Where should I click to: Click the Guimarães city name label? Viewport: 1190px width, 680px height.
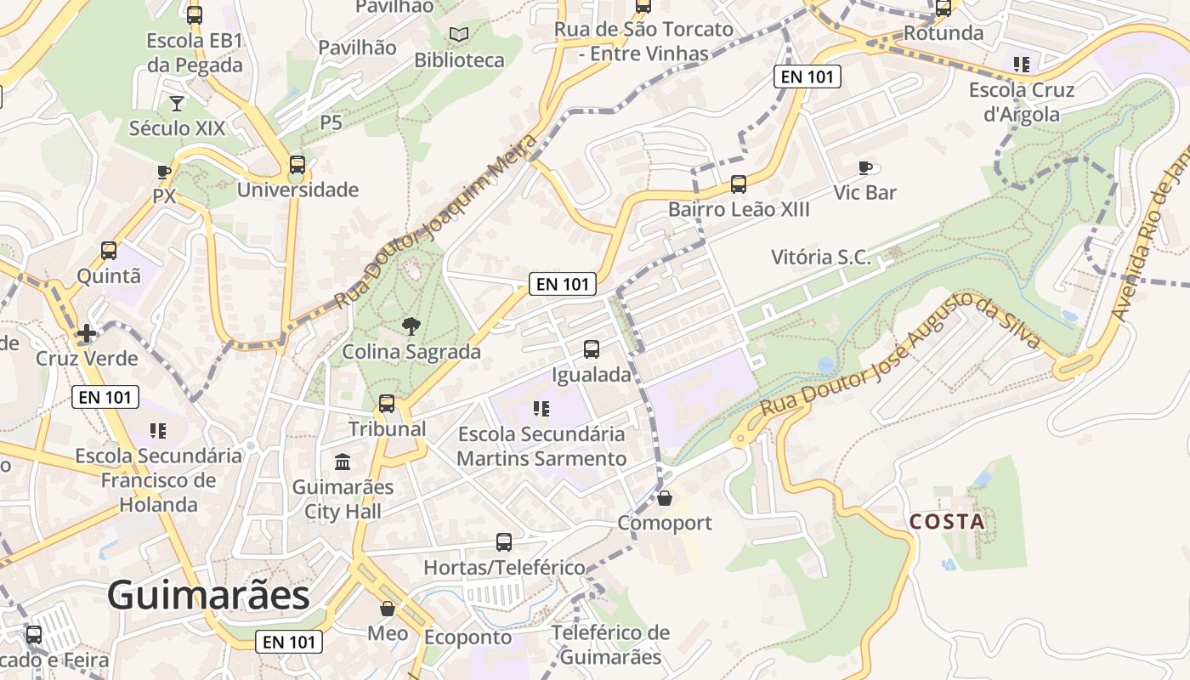(208, 595)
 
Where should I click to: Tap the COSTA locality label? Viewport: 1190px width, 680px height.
(947, 521)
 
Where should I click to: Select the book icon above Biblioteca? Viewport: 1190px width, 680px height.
(459, 35)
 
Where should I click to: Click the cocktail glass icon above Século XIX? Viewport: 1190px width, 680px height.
(177, 104)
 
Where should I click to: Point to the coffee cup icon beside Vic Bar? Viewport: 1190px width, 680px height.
(865, 167)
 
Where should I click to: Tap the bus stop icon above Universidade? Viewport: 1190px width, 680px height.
(297, 164)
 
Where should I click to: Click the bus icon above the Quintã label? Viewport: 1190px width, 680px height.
(109, 251)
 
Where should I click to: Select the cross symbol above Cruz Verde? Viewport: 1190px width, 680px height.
(86, 333)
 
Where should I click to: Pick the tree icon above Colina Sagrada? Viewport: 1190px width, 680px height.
(411, 326)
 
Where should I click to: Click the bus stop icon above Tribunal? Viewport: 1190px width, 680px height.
(387, 403)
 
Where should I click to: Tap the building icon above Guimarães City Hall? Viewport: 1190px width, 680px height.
(343, 462)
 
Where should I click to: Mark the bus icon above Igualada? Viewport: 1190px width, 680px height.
(592, 348)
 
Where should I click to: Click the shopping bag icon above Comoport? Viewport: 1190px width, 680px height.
(665, 497)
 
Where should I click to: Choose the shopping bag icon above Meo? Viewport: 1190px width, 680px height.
(388, 609)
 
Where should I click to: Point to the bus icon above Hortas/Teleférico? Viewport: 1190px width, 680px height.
(504, 541)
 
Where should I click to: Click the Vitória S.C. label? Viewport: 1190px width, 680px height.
(821, 257)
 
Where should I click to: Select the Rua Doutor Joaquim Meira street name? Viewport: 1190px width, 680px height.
(436, 222)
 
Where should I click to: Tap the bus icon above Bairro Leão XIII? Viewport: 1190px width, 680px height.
(739, 184)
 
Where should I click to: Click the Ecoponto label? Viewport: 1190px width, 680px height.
(467, 637)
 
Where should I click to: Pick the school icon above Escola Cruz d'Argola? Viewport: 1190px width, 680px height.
(1022, 64)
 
